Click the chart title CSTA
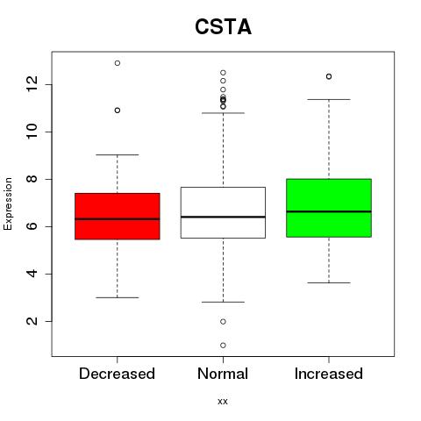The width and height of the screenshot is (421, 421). (x=223, y=27)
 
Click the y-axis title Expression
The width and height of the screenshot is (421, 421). (x=8, y=203)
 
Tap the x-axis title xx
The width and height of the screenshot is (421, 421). (x=223, y=401)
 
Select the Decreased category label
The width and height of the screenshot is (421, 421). (x=117, y=374)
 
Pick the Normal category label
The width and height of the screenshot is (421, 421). (x=223, y=374)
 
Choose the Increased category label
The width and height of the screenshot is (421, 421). (x=329, y=374)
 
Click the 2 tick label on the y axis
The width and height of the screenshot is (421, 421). (x=32, y=321)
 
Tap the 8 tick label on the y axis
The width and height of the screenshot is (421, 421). (x=32, y=179)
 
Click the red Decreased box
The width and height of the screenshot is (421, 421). (x=118, y=217)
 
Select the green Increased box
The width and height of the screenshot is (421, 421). (x=329, y=208)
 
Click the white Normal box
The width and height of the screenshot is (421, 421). (x=223, y=212)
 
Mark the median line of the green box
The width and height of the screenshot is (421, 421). (x=329, y=211)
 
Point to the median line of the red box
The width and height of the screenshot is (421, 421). (x=118, y=218)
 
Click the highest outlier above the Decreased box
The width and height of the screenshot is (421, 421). (x=118, y=63)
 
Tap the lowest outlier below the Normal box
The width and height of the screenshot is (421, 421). (x=223, y=346)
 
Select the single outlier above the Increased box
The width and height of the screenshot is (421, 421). (x=329, y=76)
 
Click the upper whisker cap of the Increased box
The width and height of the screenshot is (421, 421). (x=329, y=99)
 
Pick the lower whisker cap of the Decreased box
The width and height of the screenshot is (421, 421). (x=118, y=297)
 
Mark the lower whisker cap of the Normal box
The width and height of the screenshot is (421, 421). (x=223, y=302)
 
